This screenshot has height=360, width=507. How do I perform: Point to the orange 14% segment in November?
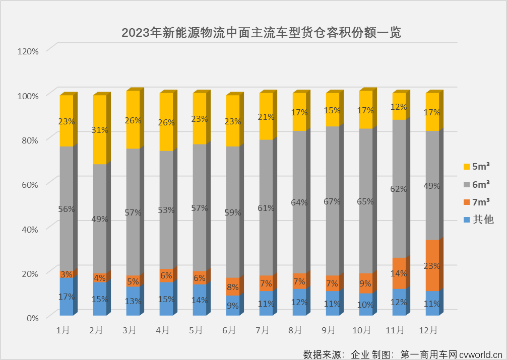399,273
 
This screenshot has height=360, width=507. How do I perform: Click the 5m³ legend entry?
476,166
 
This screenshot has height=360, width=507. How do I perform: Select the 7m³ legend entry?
476,201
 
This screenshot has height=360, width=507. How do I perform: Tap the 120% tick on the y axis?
28,51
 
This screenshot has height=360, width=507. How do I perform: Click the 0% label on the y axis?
32,318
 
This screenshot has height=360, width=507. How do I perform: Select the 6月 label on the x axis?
229,330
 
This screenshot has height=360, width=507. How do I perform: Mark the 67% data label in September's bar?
332,201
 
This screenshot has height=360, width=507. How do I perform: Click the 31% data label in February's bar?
100,130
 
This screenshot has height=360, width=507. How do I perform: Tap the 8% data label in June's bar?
233,287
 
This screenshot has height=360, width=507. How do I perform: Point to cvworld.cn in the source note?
481,354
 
